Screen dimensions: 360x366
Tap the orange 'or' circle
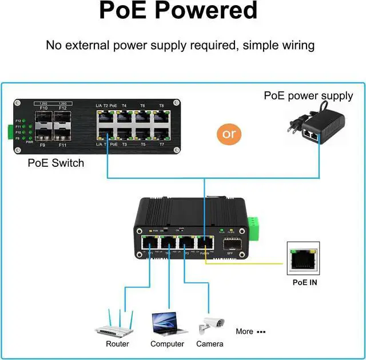pyautogui.click(x=229, y=134)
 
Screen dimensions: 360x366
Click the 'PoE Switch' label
pyautogui.click(x=56, y=163)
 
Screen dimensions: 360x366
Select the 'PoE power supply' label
pyautogui.click(x=308, y=95)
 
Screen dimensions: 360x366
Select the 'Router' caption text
pyautogui.click(x=117, y=344)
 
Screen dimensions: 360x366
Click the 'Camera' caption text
pyautogui.click(x=210, y=344)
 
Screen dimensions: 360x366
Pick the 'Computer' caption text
pyautogui.click(x=168, y=344)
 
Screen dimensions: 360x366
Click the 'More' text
pyautogui.click(x=244, y=331)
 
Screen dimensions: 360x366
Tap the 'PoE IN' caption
pyautogui.click(x=305, y=282)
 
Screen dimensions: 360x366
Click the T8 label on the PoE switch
pyautogui.click(x=161, y=106)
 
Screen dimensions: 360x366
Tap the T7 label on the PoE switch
pyautogui.click(x=161, y=145)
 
